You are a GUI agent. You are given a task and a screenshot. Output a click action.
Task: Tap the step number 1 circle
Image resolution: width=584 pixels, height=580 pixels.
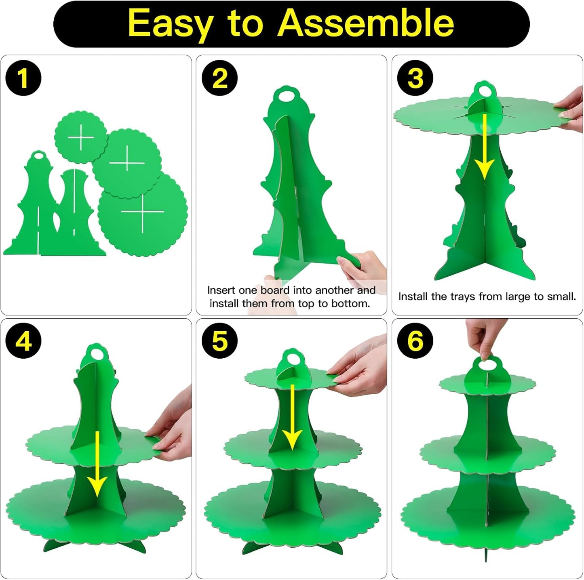pos(23,78)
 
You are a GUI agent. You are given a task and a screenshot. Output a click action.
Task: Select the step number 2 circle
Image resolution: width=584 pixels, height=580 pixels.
pos(220,78)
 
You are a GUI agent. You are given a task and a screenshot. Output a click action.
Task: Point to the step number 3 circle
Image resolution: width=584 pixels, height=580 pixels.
pos(415,78)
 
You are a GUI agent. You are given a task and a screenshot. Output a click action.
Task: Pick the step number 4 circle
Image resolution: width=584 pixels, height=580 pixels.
pos(23,341)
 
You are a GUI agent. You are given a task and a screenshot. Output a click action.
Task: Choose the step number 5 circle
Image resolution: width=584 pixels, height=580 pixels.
pos(220,341)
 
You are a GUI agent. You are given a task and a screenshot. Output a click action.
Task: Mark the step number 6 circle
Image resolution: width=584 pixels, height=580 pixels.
pos(415,341)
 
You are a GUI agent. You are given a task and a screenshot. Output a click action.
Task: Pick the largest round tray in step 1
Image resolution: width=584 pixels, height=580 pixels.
pos(142,214)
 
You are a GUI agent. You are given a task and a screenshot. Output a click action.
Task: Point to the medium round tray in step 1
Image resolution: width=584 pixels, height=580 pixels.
pos(126,164)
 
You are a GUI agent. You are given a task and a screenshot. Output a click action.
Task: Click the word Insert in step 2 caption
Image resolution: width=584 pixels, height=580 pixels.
pos(221,290)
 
